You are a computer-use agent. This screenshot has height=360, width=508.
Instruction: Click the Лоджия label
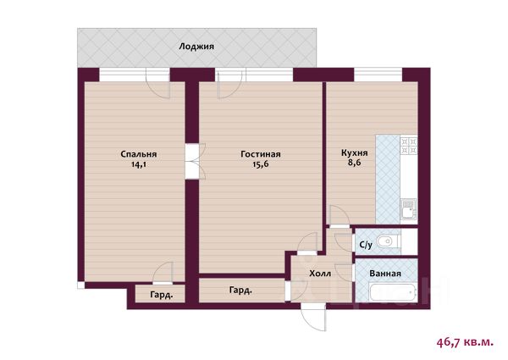click(196, 47)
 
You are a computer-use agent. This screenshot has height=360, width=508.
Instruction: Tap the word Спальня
click(139, 154)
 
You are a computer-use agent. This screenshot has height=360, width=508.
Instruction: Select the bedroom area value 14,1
click(139, 164)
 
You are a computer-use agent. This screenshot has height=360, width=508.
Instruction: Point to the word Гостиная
click(261, 154)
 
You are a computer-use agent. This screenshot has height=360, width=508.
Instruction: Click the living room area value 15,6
click(261, 164)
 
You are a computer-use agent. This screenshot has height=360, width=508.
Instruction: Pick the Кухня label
click(355, 152)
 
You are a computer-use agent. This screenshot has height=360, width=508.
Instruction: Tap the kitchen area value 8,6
click(355, 163)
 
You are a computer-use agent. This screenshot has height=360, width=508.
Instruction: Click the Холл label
click(320, 274)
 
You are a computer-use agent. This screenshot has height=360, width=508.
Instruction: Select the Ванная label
click(385, 274)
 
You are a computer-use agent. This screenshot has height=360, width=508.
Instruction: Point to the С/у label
click(366, 245)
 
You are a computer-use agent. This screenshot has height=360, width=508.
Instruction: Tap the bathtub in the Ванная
click(393, 292)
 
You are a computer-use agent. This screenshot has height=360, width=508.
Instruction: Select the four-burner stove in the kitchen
click(409, 146)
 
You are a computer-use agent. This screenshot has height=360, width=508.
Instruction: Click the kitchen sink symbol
click(409, 209)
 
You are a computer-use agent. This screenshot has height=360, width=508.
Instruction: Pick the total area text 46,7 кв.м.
click(465, 342)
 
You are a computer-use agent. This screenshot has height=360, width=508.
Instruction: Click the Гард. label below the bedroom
click(162, 295)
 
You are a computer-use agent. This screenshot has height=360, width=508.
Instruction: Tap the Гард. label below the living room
click(240, 291)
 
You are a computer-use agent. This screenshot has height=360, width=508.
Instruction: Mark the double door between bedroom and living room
click(195, 161)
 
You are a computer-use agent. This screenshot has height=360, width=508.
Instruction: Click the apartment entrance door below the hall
click(313, 317)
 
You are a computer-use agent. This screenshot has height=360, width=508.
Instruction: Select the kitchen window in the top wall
click(378, 75)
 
